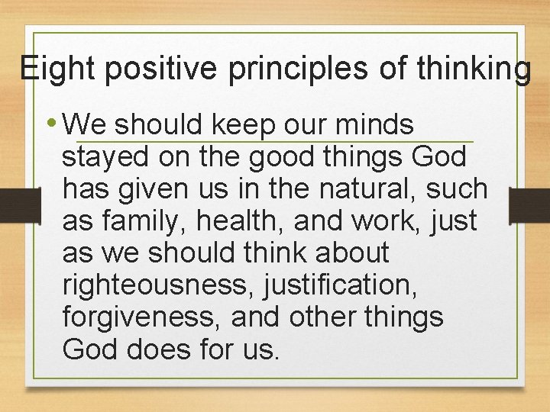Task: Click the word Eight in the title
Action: point(57,69)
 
